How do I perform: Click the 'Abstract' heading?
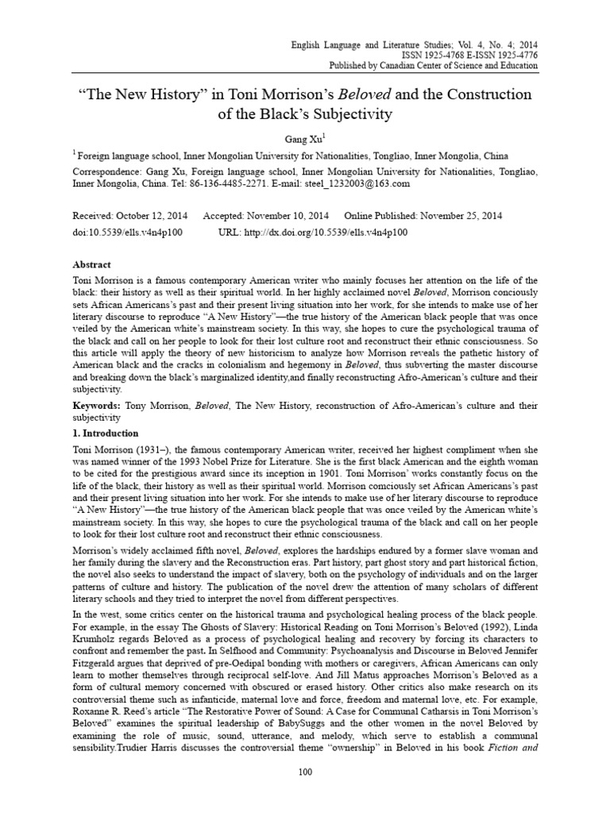pyautogui.click(x=91, y=264)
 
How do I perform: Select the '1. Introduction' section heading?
pyautogui.click(x=106, y=433)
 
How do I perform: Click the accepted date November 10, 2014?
pyautogui.click(x=294, y=216)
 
